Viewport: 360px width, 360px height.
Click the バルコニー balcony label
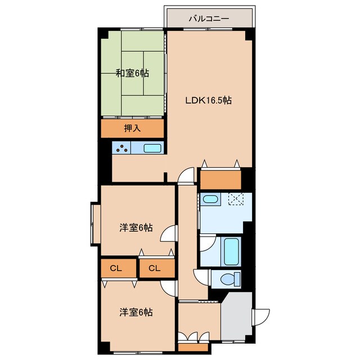pos(209,19)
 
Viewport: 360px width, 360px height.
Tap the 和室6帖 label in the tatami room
pos(132,73)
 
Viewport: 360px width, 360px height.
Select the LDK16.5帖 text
pos(208,100)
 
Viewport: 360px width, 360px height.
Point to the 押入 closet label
pos(132,128)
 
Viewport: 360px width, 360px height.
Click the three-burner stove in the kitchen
pos(121,147)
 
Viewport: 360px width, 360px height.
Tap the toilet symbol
pos(230,279)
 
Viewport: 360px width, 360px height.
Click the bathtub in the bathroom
pos(231,251)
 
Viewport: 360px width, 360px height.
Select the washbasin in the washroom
pos(210,199)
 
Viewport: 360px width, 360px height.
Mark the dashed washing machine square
pos(236,199)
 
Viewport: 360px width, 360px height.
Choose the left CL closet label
pos(116,268)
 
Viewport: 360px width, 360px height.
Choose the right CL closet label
pos(154,268)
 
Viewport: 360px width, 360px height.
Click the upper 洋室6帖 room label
pos(136,228)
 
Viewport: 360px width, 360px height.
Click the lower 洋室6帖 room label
pos(136,312)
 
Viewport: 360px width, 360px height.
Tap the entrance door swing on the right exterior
pos(261,317)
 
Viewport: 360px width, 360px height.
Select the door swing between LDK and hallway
pos(186,175)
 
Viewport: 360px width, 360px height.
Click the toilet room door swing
pos(201,277)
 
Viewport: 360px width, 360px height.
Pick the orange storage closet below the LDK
pos(220,180)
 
